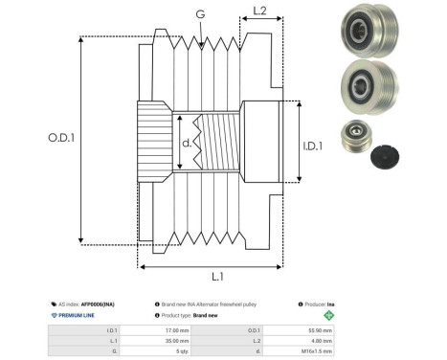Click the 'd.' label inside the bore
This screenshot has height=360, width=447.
pyautogui.click(x=187, y=144)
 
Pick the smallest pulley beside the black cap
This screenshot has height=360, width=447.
pyautogui.click(x=355, y=139)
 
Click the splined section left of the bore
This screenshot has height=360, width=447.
pyautogui.click(x=155, y=139)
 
